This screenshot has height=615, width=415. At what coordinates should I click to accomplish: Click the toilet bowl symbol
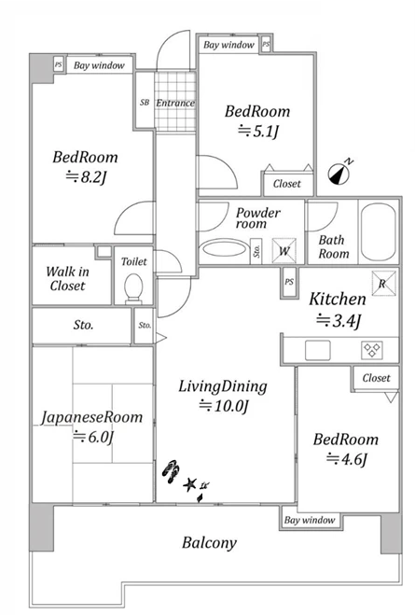(x=133, y=288)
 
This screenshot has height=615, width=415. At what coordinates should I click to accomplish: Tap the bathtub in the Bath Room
(x=379, y=231)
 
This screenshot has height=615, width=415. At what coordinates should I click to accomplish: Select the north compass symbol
(x=339, y=173)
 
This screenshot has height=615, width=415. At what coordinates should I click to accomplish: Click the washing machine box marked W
(x=284, y=251)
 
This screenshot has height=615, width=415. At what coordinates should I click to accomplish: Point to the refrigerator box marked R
(x=383, y=283)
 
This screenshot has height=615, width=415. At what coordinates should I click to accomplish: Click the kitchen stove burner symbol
(x=372, y=350)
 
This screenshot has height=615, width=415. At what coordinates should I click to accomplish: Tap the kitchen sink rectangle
(x=318, y=350)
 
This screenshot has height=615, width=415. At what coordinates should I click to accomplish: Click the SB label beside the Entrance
(x=145, y=103)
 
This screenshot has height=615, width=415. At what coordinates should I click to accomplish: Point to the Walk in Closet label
(x=67, y=278)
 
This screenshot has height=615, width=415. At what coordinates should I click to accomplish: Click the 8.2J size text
(x=86, y=177)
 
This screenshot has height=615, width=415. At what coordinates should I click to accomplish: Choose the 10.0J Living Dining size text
(x=224, y=406)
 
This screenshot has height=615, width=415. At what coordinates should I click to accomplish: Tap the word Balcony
(x=210, y=543)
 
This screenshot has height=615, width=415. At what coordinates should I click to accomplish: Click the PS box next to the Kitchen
(x=289, y=282)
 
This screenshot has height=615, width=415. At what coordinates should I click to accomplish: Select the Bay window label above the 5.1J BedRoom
(x=228, y=45)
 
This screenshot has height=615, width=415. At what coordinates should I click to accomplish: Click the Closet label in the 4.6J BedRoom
(x=376, y=378)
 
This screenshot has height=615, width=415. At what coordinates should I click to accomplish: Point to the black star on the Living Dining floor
(x=190, y=484)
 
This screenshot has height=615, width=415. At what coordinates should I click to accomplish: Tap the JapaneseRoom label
(x=92, y=417)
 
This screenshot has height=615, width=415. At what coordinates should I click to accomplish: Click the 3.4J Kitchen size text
(x=339, y=321)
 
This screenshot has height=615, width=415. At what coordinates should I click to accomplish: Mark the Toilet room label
(x=134, y=261)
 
